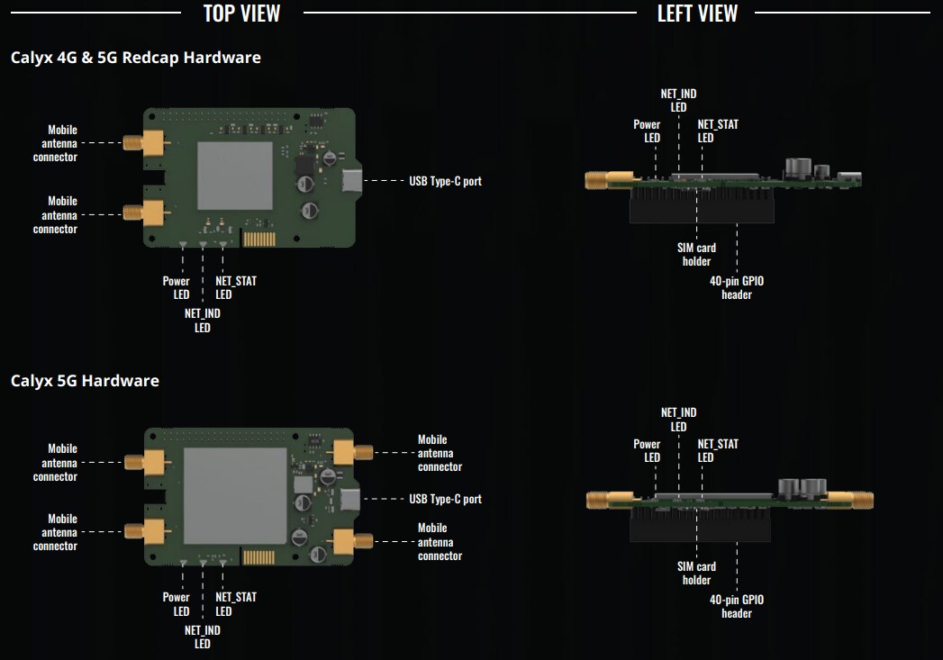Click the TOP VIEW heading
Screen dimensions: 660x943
click(x=241, y=13)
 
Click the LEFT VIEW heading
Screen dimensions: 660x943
click(x=697, y=13)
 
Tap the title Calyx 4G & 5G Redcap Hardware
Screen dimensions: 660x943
click(x=136, y=58)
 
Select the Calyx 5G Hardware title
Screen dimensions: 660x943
click(x=85, y=381)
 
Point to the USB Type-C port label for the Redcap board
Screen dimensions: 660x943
click(x=445, y=181)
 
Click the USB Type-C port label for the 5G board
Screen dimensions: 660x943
click(x=445, y=499)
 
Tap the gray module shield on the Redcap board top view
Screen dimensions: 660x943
click(x=234, y=176)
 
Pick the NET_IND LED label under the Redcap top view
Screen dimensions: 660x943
click(x=203, y=321)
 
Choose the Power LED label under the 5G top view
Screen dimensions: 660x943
click(x=177, y=604)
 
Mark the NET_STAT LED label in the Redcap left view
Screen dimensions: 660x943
click(x=718, y=131)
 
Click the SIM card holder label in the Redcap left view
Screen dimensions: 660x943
click(x=696, y=254)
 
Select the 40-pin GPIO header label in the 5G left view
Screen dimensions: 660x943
click(x=736, y=606)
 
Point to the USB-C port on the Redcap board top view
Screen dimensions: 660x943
click(x=349, y=180)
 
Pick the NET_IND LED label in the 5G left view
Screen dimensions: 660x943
click(x=678, y=420)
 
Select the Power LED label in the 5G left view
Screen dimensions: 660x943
click(x=647, y=450)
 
